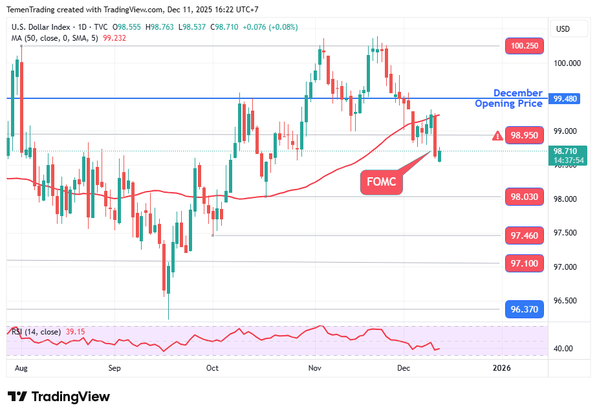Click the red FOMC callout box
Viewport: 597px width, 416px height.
tap(382, 182)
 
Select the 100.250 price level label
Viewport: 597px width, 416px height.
tap(524, 46)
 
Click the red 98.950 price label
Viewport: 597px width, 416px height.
tap(524, 135)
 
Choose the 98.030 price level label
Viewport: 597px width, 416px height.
tap(524, 197)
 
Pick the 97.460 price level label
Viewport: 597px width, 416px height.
tap(524, 235)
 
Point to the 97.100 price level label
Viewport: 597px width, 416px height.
tap(524, 263)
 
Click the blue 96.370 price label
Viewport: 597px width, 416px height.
tap(524, 309)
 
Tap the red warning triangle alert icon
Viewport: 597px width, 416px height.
tap(497, 136)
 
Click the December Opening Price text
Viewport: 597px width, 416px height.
tap(508, 98)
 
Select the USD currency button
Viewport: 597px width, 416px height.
tap(563, 28)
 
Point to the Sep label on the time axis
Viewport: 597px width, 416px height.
tap(114, 368)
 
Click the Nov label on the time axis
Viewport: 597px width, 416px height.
tap(315, 368)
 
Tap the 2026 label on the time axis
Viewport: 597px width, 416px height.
tap(501, 368)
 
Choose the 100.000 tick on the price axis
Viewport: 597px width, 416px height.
tap(568, 63)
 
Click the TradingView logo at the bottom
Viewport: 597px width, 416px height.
tap(59, 397)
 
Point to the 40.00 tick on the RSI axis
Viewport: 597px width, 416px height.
tap(563, 348)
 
